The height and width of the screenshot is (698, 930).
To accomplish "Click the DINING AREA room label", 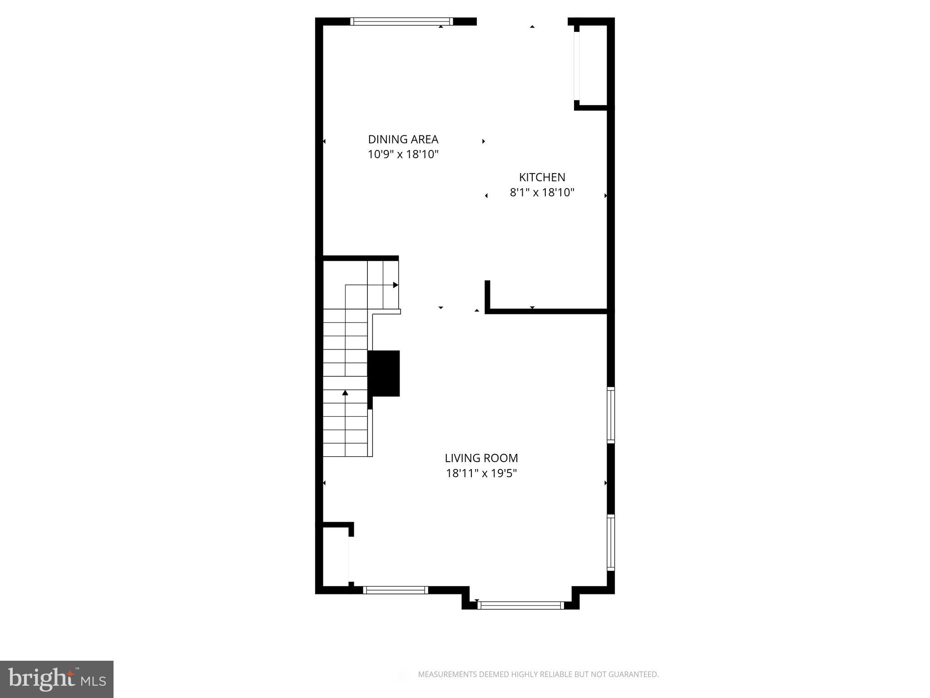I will point(403,140).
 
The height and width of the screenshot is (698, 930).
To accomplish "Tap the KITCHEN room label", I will point(542,177).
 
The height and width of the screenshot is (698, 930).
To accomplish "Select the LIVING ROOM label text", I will point(481,458).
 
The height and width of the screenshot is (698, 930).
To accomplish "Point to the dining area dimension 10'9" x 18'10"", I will point(403,155).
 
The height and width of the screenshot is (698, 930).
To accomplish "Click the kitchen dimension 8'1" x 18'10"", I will point(542,193).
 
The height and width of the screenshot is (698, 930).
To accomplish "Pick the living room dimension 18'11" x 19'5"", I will point(481,474).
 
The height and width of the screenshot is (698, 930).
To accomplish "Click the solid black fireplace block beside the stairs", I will point(384,373).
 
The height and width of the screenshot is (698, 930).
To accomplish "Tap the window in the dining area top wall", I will point(401,21).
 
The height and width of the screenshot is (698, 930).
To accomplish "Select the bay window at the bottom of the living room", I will point(521,605).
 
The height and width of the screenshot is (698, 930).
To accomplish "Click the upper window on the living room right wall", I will point(611,414).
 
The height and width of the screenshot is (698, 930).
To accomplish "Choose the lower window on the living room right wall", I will point(611,542).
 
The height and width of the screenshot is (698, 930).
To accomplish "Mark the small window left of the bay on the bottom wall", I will point(396,590).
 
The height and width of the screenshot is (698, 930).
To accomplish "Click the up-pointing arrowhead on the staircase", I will point(345,393).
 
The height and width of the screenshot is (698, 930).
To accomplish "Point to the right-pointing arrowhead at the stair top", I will point(396,285).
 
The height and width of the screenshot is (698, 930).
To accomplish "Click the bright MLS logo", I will point(56,679).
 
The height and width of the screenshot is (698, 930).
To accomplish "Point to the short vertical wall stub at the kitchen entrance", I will point(487,295).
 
